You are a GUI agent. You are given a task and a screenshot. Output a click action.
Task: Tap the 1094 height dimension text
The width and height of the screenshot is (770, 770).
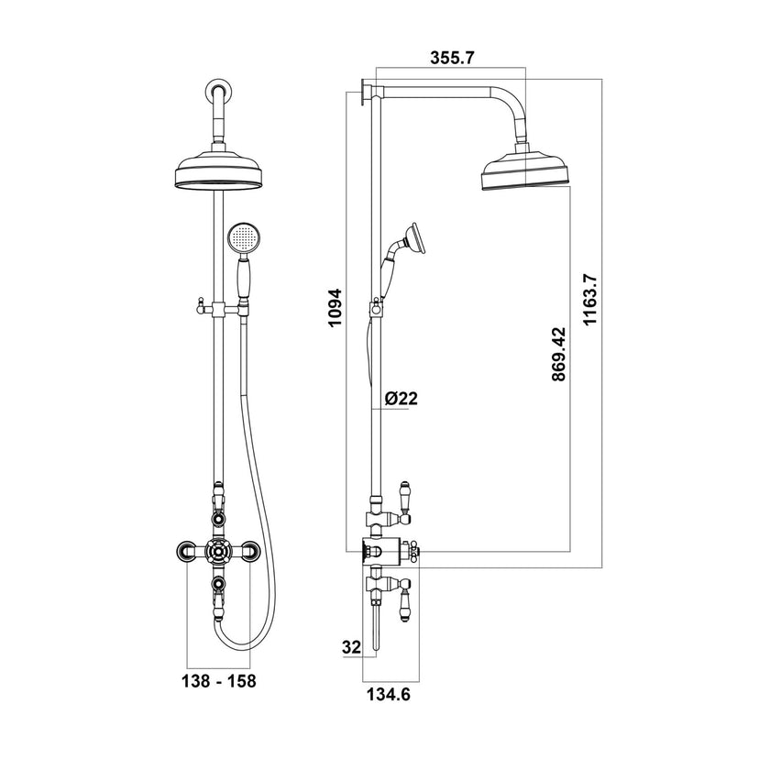tap(336, 309)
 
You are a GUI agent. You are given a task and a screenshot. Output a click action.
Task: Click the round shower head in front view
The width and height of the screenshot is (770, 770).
tap(218, 171)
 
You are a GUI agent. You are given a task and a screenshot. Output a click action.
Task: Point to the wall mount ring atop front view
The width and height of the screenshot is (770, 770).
tap(218, 90)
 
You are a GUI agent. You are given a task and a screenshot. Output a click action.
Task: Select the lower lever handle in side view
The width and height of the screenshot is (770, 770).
tap(405, 601)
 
